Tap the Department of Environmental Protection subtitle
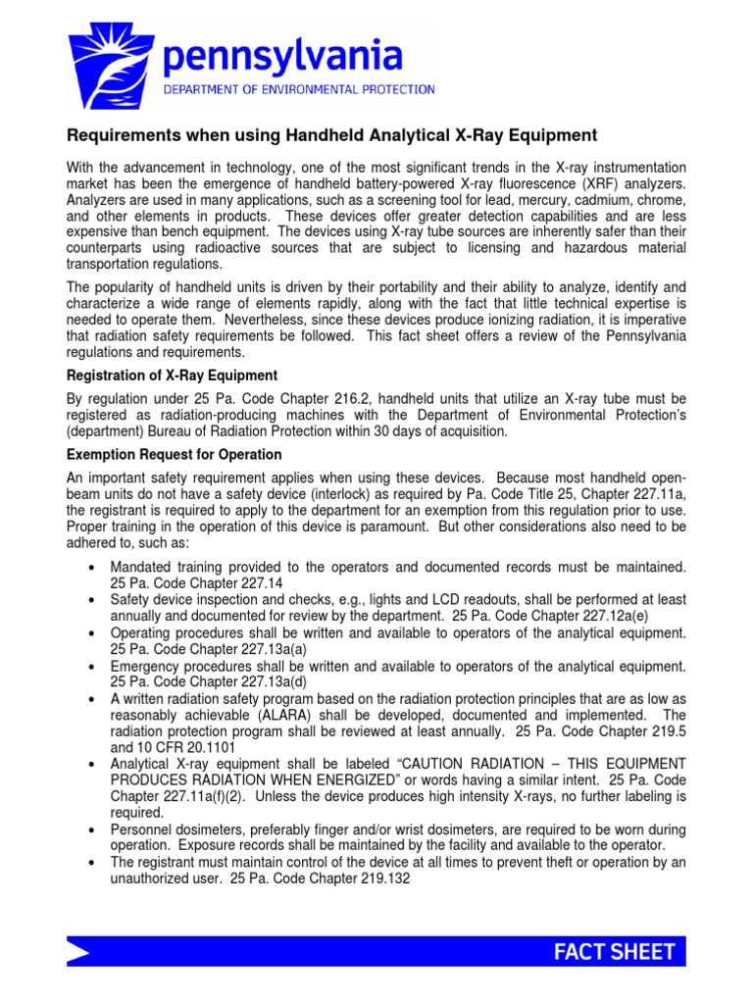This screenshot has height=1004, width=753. (299, 89)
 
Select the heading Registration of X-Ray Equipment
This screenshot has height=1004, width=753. (172, 376)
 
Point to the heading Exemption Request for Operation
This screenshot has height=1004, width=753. (174, 455)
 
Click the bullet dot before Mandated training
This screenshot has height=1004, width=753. (90, 566)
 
